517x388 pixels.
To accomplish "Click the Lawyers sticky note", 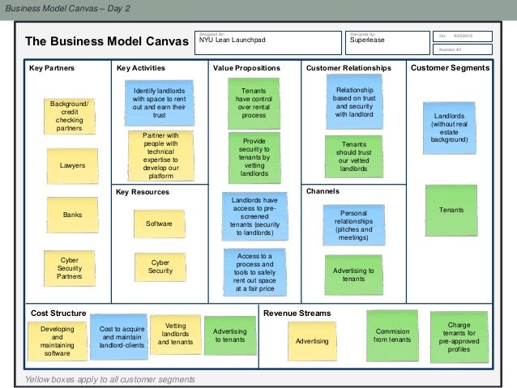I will point(72,165).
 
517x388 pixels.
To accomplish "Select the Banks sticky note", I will point(72,215).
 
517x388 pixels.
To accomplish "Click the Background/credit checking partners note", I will point(70,117).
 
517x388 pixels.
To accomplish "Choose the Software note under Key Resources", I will point(160,223).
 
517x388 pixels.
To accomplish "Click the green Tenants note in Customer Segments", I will point(451,210).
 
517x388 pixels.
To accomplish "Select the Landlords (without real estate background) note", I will point(451,128).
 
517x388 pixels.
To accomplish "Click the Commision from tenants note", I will point(392,335).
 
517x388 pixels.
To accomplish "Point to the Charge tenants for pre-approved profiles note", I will point(458,335).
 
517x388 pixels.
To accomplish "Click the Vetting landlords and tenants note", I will point(175,335).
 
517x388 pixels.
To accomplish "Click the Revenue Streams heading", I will point(297,313).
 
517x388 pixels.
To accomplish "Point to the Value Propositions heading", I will point(246,69).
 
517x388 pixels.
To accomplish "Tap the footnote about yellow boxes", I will point(110,379).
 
